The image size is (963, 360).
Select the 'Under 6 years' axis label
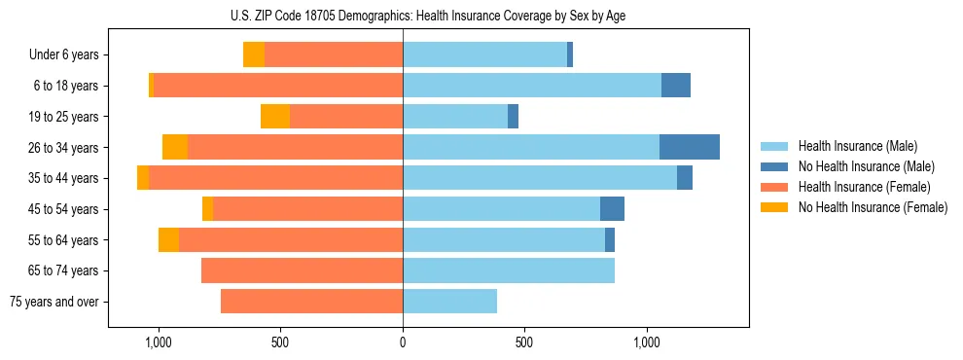click(x=64, y=55)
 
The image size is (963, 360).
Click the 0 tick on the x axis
click(x=403, y=342)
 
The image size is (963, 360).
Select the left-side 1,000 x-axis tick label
click(x=158, y=342)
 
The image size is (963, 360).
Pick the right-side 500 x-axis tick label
click(x=524, y=342)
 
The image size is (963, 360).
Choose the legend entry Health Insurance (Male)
click(x=857, y=147)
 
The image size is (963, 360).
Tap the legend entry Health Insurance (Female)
click(x=864, y=187)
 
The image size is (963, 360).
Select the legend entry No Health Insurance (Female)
click(x=872, y=207)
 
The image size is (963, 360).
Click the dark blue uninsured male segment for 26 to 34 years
click(x=690, y=147)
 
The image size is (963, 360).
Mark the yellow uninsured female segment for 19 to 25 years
click(x=275, y=117)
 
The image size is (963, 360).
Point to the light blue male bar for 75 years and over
click(x=449, y=302)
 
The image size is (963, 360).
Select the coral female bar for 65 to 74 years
click(x=302, y=270)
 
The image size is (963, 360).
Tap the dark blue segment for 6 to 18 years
click(x=676, y=86)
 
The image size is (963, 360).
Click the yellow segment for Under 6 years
click(x=254, y=55)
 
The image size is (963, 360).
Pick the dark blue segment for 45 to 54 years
click(x=612, y=209)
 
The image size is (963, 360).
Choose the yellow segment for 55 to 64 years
click(x=168, y=239)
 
